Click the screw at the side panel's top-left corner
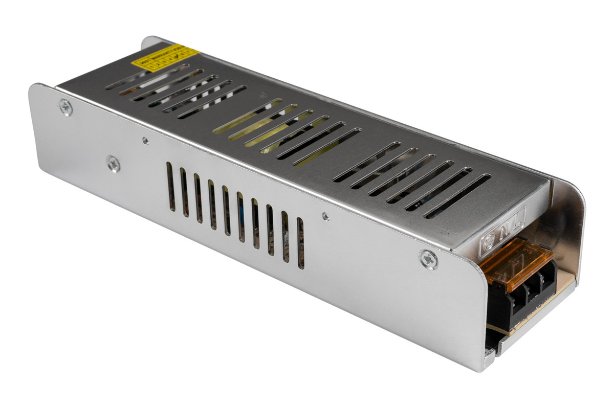pyautogui.click(x=66, y=107)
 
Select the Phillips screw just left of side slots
pyautogui.click(x=113, y=163)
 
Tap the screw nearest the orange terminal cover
pyautogui.click(x=429, y=259)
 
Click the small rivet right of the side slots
pyautogui.click(x=325, y=216)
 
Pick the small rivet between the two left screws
pyautogui.click(x=145, y=140)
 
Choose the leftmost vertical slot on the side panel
pyautogui.click(x=171, y=187)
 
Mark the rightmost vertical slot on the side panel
pyautogui.click(x=300, y=243)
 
